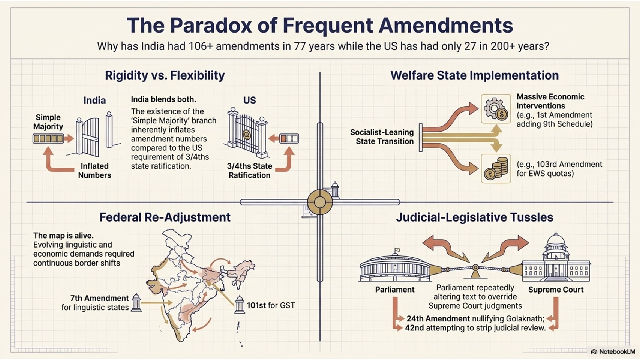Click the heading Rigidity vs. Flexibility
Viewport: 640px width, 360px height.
[165, 75]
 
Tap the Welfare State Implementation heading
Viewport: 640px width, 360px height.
[474, 75]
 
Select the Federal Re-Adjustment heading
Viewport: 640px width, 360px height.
[165, 217]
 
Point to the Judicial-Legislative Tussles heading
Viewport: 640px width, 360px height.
[475, 217]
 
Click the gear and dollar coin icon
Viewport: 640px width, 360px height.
[496, 109]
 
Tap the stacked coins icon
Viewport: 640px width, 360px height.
[496, 169]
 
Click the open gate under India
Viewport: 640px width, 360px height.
[94, 134]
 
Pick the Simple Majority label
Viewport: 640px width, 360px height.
[48, 122]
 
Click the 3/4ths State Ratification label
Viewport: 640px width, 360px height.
[249, 171]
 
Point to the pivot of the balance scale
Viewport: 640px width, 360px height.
[475, 268]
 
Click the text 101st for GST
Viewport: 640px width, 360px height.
[271, 305]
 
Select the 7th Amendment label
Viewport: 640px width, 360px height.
[99, 298]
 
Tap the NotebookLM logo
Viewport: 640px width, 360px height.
[613, 351]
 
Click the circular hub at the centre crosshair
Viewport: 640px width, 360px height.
[320, 202]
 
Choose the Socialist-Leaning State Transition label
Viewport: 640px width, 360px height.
[382, 137]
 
